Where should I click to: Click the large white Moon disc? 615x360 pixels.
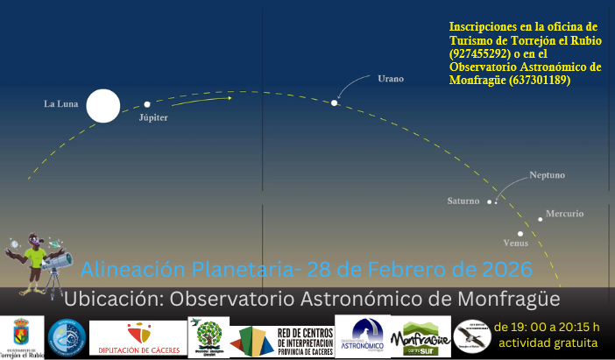(102, 106)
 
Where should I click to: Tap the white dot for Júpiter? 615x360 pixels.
(147, 104)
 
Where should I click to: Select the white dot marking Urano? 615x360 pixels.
(334, 103)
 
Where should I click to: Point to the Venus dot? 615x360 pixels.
(520, 233)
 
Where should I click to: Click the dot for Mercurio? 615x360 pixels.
(541, 219)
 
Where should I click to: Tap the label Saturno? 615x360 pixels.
(463, 201)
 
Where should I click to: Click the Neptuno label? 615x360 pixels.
(548, 175)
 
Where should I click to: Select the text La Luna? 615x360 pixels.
(61, 104)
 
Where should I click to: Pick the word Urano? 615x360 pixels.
(391, 79)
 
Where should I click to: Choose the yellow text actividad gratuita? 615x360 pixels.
(547, 342)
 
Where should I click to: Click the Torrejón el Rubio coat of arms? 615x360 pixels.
(21, 333)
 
